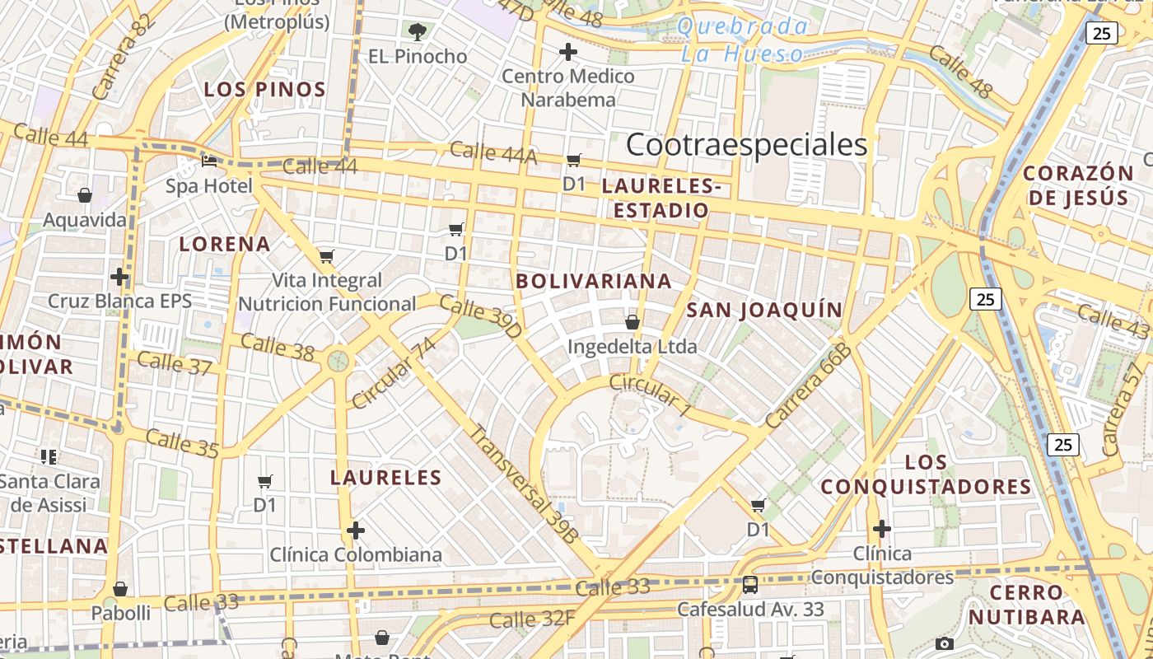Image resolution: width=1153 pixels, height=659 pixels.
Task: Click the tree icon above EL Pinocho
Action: (x=418, y=32)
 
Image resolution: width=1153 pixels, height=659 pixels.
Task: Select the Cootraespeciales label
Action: (x=746, y=145)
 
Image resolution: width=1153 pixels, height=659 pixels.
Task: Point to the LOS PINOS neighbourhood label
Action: (x=265, y=89)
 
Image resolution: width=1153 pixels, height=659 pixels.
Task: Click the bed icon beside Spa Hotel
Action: (x=209, y=161)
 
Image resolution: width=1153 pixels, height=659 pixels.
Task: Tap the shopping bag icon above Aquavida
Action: (x=85, y=195)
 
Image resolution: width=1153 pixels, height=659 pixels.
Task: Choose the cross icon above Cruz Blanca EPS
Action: (x=119, y=276)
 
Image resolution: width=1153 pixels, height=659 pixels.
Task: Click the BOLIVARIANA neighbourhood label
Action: (x=594, y=281)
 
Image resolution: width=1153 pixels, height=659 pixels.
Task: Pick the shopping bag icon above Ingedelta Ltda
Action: (x=633, y=321)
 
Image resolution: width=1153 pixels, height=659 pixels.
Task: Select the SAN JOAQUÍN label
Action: (x=764, y=310)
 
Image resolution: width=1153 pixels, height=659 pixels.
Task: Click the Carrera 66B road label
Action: (x=808, y=386)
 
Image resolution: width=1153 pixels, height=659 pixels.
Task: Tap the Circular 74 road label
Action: (x=394, y=372)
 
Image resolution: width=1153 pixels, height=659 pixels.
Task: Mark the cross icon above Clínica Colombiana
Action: (x=356, y=530)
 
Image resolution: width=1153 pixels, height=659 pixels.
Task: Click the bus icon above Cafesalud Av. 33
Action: (x=749, y=585)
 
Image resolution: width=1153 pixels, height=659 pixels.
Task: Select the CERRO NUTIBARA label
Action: (x=1026, y=605)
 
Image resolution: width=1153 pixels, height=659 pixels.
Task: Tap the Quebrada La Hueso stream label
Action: (x=742, y=40)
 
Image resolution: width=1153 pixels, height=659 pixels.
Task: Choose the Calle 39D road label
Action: (x=480, y=316)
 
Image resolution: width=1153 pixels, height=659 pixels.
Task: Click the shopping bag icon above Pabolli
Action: (x=120, y=589)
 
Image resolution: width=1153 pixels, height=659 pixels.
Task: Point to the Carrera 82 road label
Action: (x=124, y=58)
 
